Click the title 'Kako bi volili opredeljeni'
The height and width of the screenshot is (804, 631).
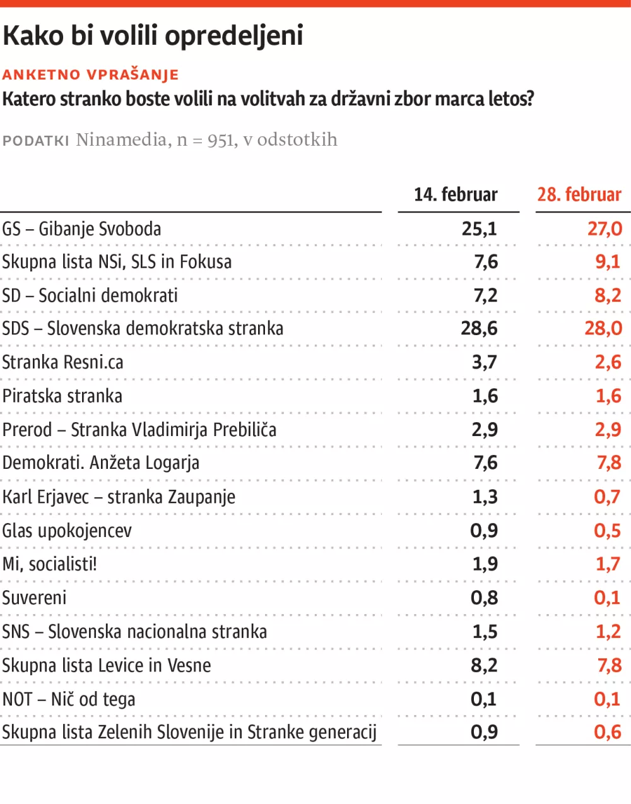153,36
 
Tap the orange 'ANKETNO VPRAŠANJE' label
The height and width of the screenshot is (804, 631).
90,74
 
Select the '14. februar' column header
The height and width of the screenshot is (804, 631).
456,194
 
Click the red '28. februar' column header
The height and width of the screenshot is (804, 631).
579,194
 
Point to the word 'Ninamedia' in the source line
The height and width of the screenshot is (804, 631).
122,139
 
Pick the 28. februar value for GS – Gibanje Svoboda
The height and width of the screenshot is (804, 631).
604,229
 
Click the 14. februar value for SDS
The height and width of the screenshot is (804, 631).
479,328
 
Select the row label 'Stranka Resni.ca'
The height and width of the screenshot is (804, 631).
62,362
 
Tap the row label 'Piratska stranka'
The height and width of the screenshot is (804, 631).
62,396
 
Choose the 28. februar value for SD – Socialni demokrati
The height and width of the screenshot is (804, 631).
608,295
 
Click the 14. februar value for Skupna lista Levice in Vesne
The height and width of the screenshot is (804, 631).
484,665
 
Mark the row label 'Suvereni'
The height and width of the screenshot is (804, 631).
34,598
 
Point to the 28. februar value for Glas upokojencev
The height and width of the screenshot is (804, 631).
607,531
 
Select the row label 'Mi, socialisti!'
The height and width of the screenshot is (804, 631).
49,564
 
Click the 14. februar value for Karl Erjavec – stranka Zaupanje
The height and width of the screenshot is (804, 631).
485,497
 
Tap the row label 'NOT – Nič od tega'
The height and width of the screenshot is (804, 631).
68,699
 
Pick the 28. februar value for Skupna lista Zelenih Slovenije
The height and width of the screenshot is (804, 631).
607,732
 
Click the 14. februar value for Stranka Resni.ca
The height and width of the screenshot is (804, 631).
484,362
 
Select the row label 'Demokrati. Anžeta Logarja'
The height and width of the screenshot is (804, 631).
100,463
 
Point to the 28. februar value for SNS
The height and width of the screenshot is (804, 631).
608,632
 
